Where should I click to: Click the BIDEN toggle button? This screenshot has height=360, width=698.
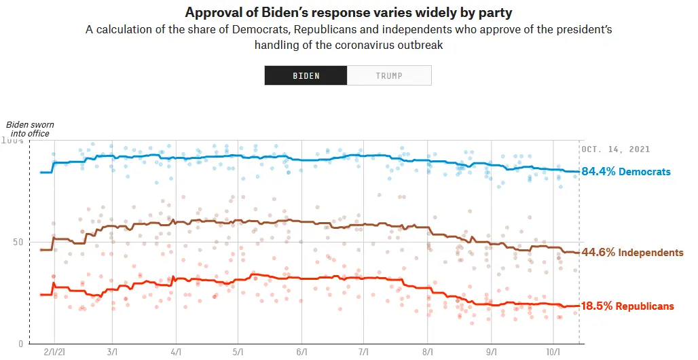click(306, 75)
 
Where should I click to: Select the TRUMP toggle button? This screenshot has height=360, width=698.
click(389, 75)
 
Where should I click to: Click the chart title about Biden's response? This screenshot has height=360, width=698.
click(348, 13)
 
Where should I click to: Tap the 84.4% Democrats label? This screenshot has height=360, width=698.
click(626, 172)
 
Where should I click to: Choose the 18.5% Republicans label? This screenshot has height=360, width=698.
click(627, 306)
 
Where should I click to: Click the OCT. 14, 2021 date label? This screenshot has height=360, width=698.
click(616, 149)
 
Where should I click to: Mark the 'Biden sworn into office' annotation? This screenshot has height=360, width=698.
click(30, 129)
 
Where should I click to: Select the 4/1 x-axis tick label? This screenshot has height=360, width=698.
click(176, 353)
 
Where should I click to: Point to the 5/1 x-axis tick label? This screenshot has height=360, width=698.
click(238, 353)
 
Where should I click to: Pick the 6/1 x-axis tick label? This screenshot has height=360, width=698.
click(301, 353)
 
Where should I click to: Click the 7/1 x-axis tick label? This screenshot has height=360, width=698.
click(363, 353)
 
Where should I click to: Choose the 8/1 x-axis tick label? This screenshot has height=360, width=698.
click(427, 353)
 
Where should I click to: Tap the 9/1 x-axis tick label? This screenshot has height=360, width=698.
click(491, 353)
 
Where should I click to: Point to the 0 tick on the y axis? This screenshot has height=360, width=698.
click(21, 344)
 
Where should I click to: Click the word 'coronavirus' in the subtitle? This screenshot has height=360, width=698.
click(344, 46)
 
